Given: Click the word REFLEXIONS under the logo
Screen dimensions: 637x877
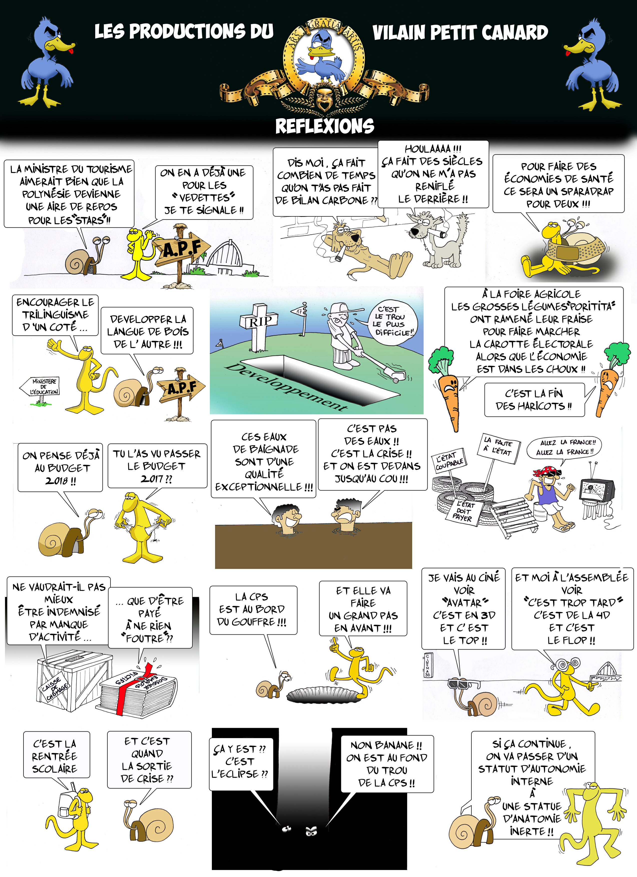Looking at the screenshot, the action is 325,126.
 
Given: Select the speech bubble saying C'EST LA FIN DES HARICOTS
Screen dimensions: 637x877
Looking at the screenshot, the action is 534,400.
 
